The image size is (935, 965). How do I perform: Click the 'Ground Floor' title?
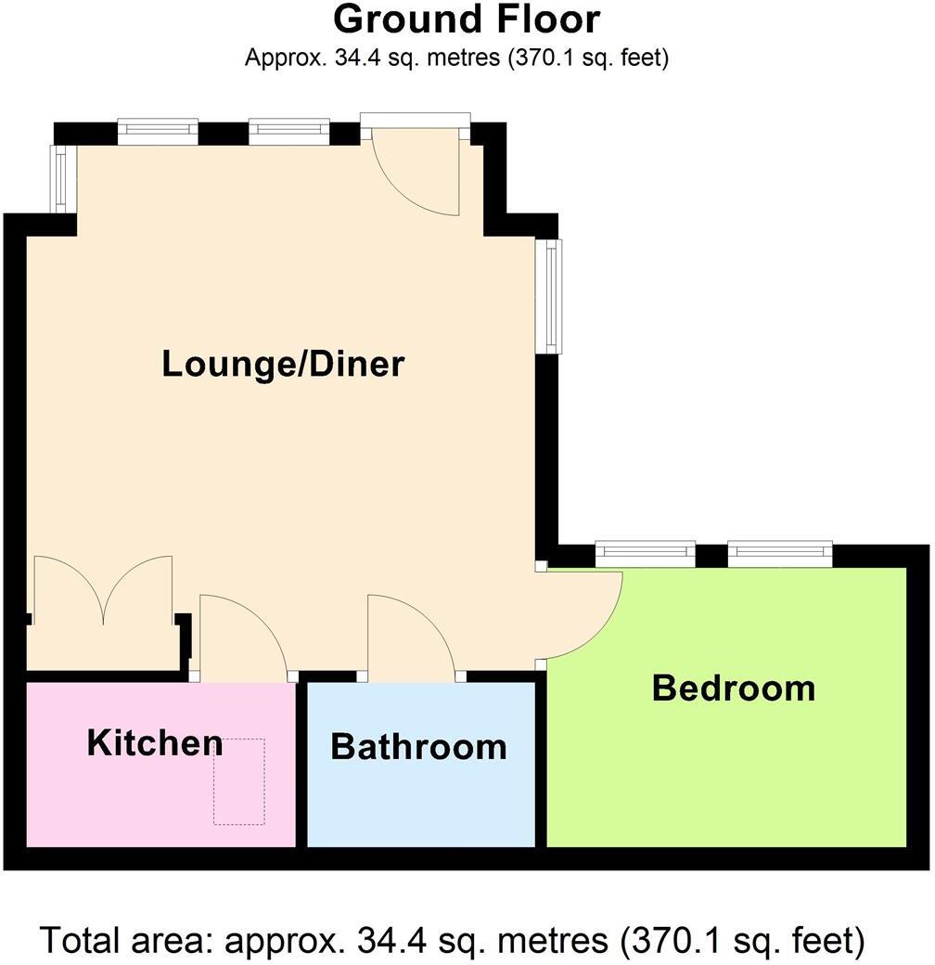[467, 19]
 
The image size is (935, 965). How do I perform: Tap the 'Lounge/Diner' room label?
[283, 364]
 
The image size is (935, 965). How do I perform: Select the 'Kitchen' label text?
[154, 742]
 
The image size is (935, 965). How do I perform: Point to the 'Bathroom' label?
[418, 746]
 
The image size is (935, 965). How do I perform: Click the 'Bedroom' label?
[733, 688]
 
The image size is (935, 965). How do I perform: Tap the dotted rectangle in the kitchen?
[239, 781]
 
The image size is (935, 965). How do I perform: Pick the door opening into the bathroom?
[412, 638]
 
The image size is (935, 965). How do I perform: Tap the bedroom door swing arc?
[584, 617]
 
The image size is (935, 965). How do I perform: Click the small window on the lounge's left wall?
[60, 178]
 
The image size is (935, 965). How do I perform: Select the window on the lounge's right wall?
[553, 296]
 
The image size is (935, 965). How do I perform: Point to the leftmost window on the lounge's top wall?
[158, 132]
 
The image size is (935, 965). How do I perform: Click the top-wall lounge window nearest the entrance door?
[288, 132]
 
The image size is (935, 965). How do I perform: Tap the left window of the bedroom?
[645, 554]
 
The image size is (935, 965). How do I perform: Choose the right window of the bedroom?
[779, 554]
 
